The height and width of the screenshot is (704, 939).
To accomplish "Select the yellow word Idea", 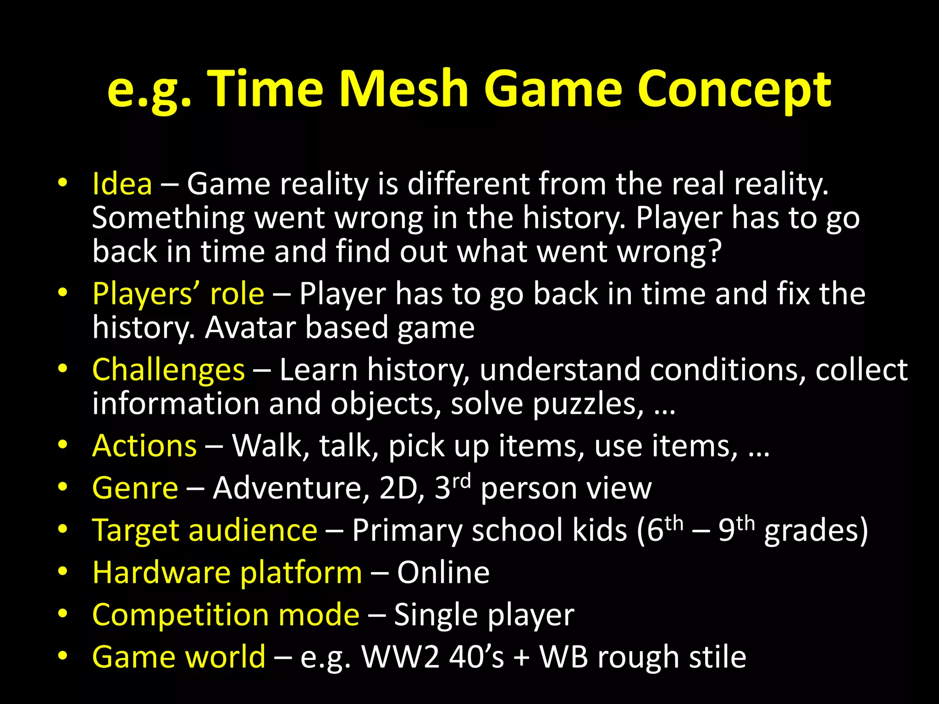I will tap(122, 184).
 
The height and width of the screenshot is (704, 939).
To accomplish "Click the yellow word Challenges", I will tap(168, 370).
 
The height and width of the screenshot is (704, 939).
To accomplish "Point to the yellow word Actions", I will tap(144, 446).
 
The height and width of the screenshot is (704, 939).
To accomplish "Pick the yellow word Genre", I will tap(135, 488).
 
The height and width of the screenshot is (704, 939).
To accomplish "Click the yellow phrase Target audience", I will tap(204, 530).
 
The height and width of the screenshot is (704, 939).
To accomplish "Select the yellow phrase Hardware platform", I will tap(227, 573).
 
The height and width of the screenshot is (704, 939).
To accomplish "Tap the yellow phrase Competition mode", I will tap(226, 615).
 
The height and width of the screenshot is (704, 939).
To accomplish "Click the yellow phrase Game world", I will tap(179, 657).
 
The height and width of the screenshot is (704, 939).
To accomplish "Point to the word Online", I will tap(443, 573).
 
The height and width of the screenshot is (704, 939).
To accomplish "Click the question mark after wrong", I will tap(714, 252).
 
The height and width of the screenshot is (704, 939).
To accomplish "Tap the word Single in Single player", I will tap(436, 615).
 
